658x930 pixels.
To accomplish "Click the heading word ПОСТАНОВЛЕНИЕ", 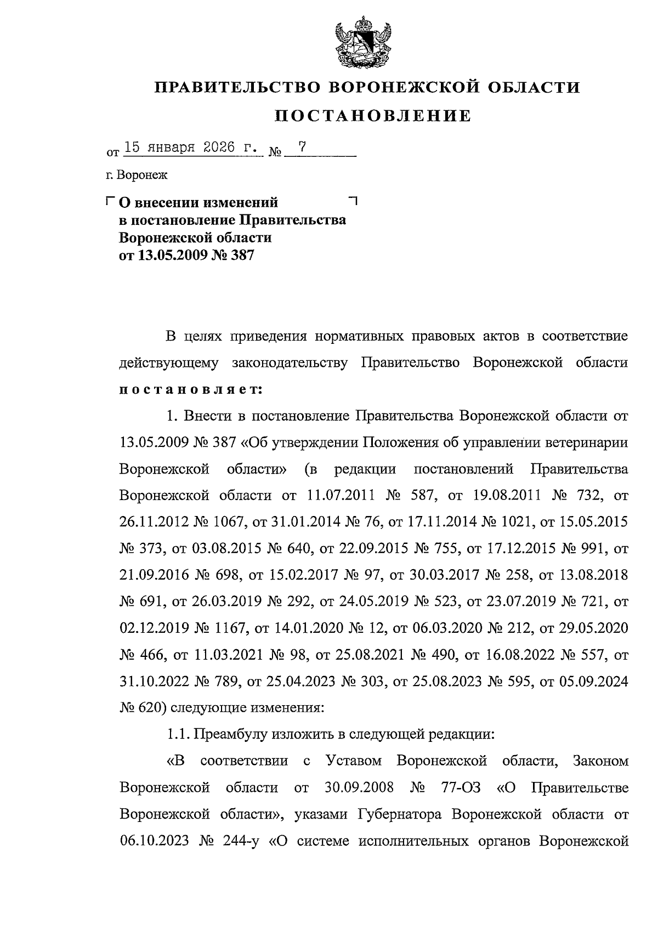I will coord(372,116).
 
